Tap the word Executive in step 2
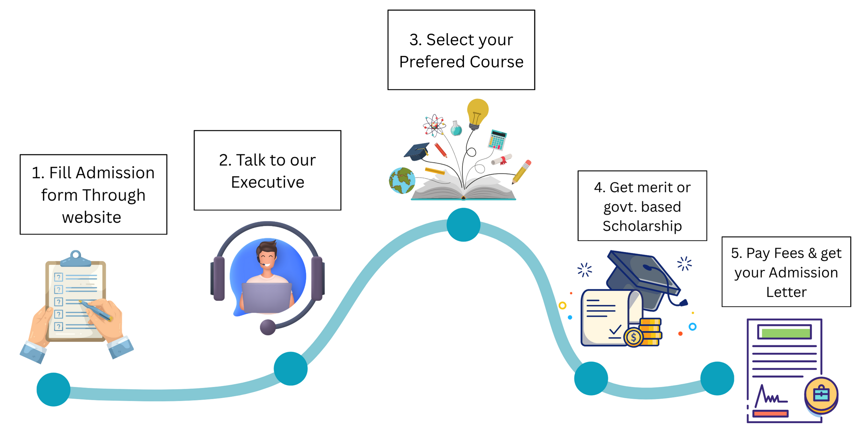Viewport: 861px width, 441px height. click(x=267, y=182)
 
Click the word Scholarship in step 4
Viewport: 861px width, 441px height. click(x=642, y=226)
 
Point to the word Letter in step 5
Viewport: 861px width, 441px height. click(x=786, y=292)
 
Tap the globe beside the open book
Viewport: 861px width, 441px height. click(x=402, y=180)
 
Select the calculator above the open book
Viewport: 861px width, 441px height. click(x=497, y=140)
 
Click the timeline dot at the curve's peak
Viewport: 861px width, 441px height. click(x=463, y=225)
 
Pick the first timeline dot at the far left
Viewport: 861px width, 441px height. click(x=53, y=389)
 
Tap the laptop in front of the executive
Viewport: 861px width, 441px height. click(x=267, y=298)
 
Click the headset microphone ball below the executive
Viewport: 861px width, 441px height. click(x=267, y=327)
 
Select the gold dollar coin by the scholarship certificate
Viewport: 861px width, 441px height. click(x=633, y=338)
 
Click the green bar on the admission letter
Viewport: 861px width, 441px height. click(x=784, y=333)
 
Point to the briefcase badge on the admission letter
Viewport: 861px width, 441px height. click(x=821, y=395)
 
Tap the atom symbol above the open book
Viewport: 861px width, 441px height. click(x=434, y=125)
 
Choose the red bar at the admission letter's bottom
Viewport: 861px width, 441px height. click(x=770, y=414)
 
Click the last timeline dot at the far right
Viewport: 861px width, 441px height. click(x=717, y=378)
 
